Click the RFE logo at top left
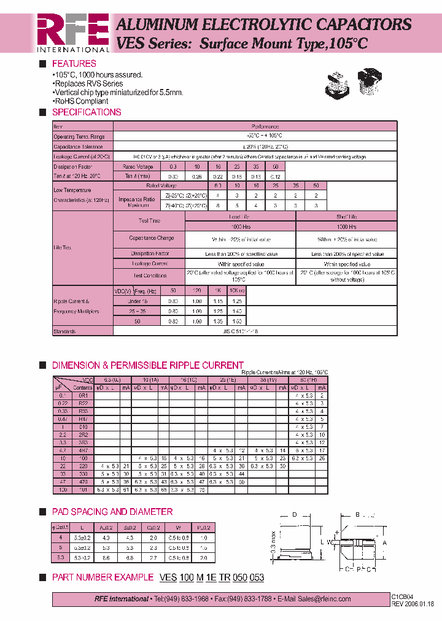(x=72, y=32)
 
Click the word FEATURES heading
(x=74, y=64)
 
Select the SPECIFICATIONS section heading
(x=87, y=112)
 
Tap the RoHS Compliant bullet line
(x=80, y=101)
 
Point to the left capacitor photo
(x=336, y=87)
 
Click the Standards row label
(x=64, y=331)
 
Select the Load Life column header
(x=240, y=217)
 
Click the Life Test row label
(x=63, y=247)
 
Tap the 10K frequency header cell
(x=237, y=290)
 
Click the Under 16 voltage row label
(x=137, y=301)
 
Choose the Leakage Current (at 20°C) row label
(x=82, y=156)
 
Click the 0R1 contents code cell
(x=83, y=395)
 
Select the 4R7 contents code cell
(x=83, y=450)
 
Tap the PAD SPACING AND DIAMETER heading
(x=112, y=512)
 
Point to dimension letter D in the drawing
(x=294, y=514)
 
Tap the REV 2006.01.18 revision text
(x=413, y=603)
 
